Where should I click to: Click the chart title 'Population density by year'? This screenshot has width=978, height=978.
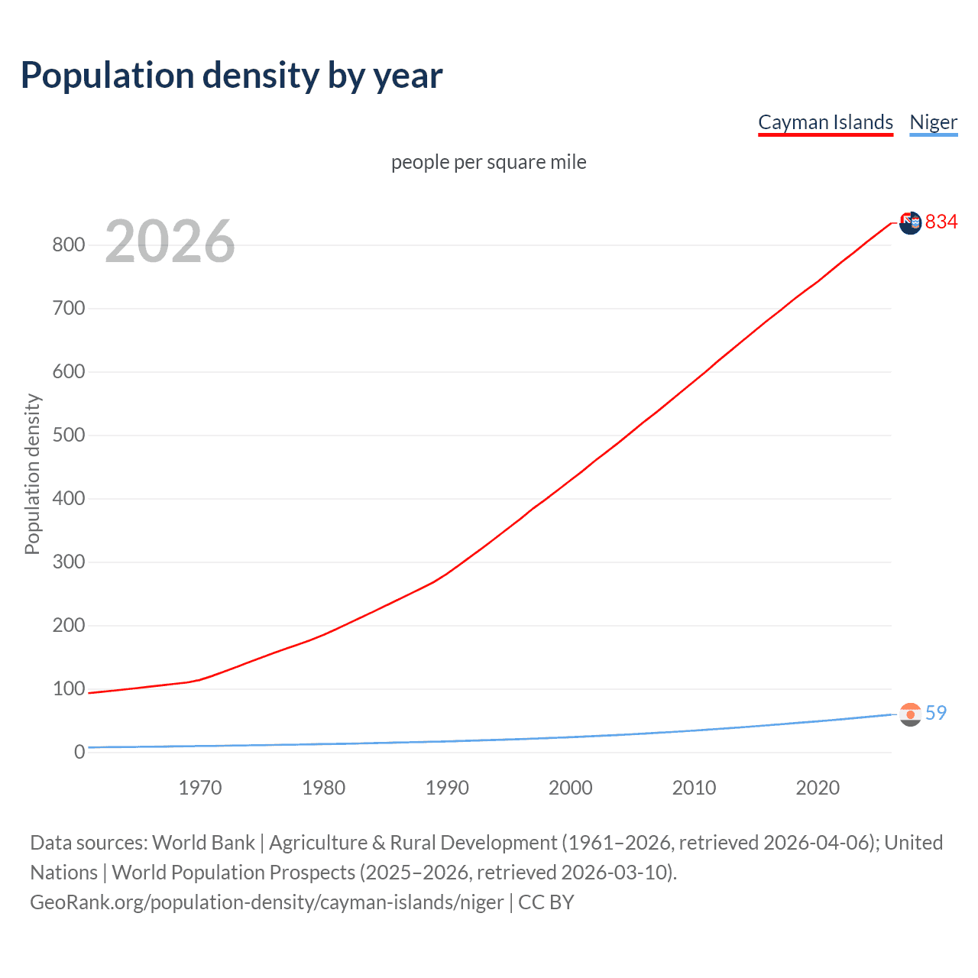coord(232,76)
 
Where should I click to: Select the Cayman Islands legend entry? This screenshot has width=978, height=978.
coord(825,122)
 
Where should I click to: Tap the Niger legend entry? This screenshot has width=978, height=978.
coord(933,122)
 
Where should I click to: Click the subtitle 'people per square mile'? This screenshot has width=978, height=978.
coord(489,162)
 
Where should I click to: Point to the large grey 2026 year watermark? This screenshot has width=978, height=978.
coord(170,241)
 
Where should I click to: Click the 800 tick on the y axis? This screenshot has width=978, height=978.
coord(68,245)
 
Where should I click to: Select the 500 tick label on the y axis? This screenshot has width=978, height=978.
coord(68,436)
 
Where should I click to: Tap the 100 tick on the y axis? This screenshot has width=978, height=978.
coord(68,689)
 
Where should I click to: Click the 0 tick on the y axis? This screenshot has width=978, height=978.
coord(79,753)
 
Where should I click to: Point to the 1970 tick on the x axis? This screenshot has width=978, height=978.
coord(200,788)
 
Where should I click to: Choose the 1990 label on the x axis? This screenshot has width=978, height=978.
coord(447,788)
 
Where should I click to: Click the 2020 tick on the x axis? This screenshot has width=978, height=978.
coord(818,788)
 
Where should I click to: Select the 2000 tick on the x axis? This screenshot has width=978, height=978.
coord(571,788)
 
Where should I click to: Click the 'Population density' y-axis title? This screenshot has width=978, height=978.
coord(32,474)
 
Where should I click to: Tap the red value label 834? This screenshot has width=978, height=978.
coord(941,222)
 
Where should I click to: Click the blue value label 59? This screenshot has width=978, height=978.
coord(936,713)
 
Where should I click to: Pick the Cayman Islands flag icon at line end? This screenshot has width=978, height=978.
coord(910,223)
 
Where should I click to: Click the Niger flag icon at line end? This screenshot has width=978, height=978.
coord(910,714)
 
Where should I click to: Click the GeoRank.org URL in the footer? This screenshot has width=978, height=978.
coord(267,902)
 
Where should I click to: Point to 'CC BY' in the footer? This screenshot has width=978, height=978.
coord(546,902)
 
